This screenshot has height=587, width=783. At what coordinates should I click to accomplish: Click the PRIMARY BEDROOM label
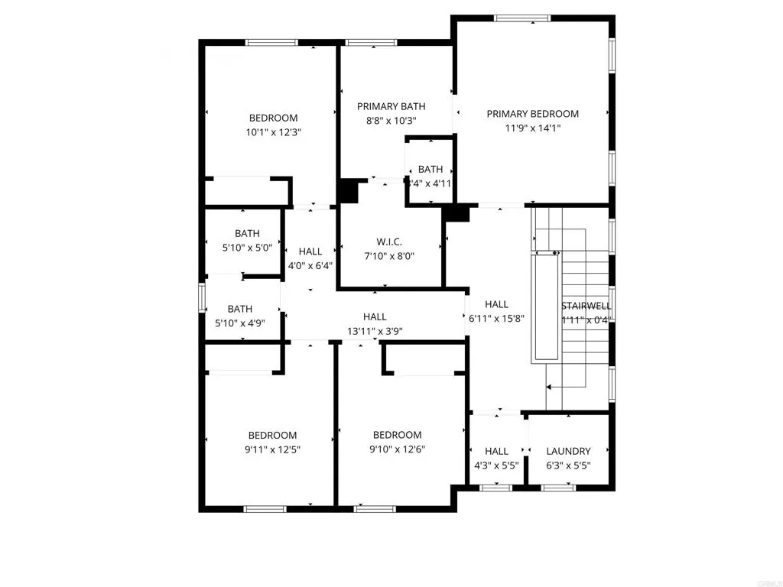coord(532,114)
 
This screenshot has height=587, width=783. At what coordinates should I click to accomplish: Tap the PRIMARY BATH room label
coord(391,106)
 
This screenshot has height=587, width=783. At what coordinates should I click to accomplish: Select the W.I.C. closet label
coord(390,242)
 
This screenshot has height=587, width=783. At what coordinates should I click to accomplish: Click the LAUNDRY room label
coord(569,451)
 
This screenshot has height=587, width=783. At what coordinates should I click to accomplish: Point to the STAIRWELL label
coord(586,304)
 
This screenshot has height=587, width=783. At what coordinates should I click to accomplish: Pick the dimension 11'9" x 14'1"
coord(532,128)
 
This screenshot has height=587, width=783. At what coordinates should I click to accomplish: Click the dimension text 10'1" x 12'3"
coord(273,132)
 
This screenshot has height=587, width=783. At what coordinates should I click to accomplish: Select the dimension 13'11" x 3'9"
coord(375,331)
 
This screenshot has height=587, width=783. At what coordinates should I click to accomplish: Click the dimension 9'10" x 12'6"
coord(397,450)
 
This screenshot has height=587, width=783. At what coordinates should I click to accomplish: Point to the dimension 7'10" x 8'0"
coord(390,257)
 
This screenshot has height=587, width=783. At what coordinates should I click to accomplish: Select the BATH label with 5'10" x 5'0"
coord(247,233)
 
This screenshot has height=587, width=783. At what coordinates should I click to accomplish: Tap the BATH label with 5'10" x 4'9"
coord(239,309)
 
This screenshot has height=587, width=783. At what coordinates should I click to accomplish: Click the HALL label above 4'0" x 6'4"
coord(310,251)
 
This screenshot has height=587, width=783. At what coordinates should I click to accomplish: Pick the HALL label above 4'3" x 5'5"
coord(496,451)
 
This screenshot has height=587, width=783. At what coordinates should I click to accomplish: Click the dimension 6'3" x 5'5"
coord(569,465)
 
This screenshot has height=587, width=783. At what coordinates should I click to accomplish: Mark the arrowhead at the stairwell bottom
coord(551,388)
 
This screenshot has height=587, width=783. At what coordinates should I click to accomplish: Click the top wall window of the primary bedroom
coord(522,18)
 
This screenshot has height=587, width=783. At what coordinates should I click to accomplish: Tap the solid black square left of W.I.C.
coord(349,191)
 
